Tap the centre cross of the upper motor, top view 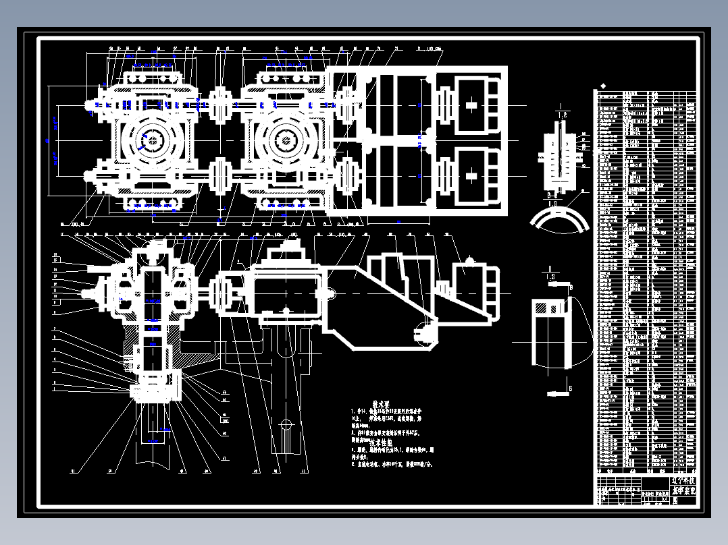471,105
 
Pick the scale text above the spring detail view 561,116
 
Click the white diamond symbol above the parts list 603,86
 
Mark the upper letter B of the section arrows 571,287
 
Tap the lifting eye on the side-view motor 469,260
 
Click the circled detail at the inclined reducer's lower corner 422,331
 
